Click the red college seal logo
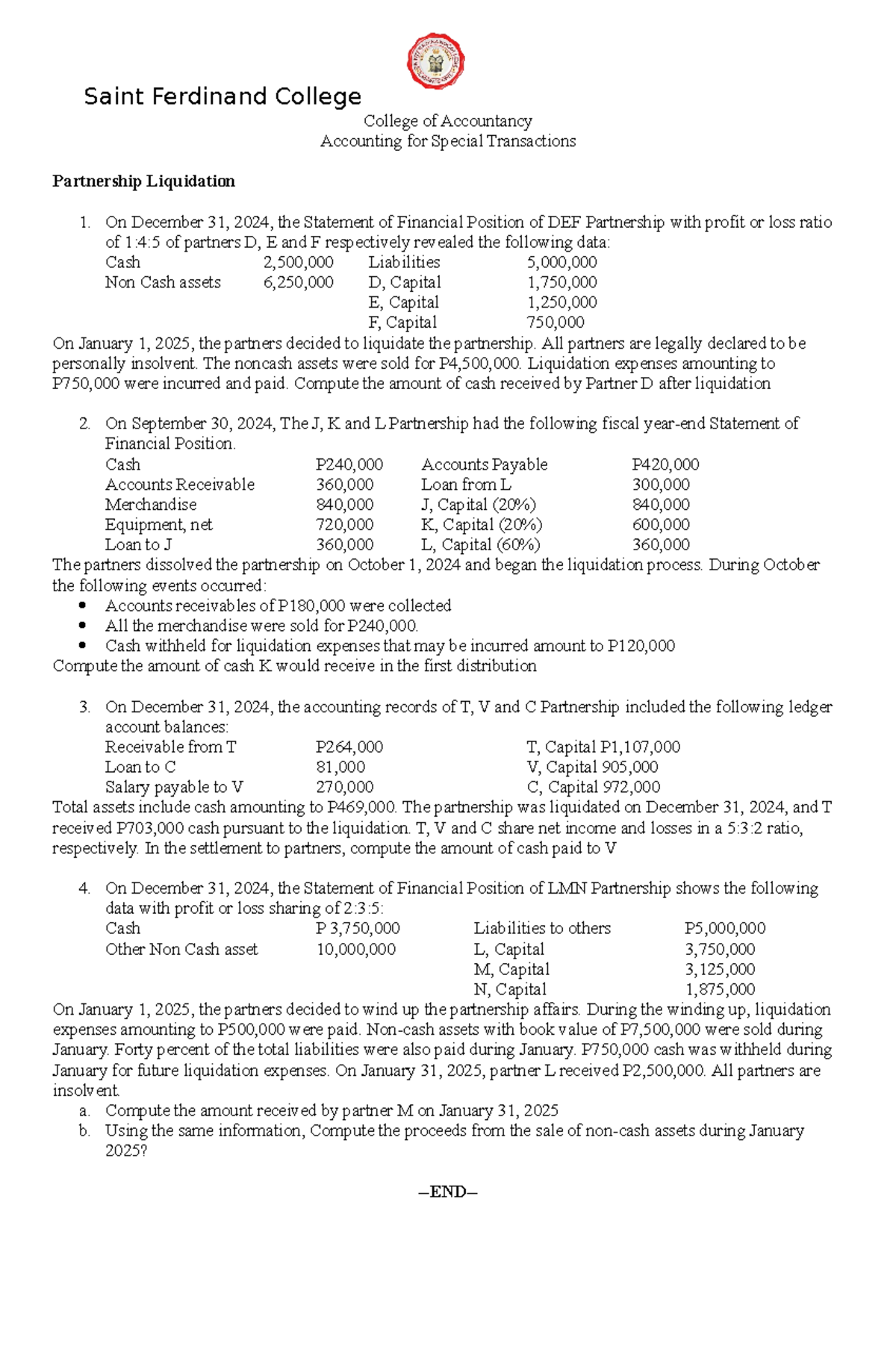click(x=436, y=62)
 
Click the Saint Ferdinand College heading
click(x=223, y=96)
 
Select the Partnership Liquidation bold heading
click(x=143, y=181)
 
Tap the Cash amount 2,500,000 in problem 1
click(x=298, y=262)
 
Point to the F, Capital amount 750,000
click(x=556, y=323)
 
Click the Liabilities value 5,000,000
click(x=561, y=262)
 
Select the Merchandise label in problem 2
click(x=151, y=505)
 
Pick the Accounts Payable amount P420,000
click(x=665, y=464)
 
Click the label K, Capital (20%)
click(x=481, y=525)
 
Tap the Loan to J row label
click(x=138, y=545)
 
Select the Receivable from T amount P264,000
click(x=349, y=747)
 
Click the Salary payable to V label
click(x=174, y=787)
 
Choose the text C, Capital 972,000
click(x=593, y=787)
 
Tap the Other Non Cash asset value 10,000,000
click(x=355, y=950)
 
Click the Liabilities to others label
click(x=541, y=929)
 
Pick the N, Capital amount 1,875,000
click(x=720, y=989)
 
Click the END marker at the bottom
click(x=447, y=1192)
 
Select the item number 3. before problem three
click(x=84, y=706)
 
